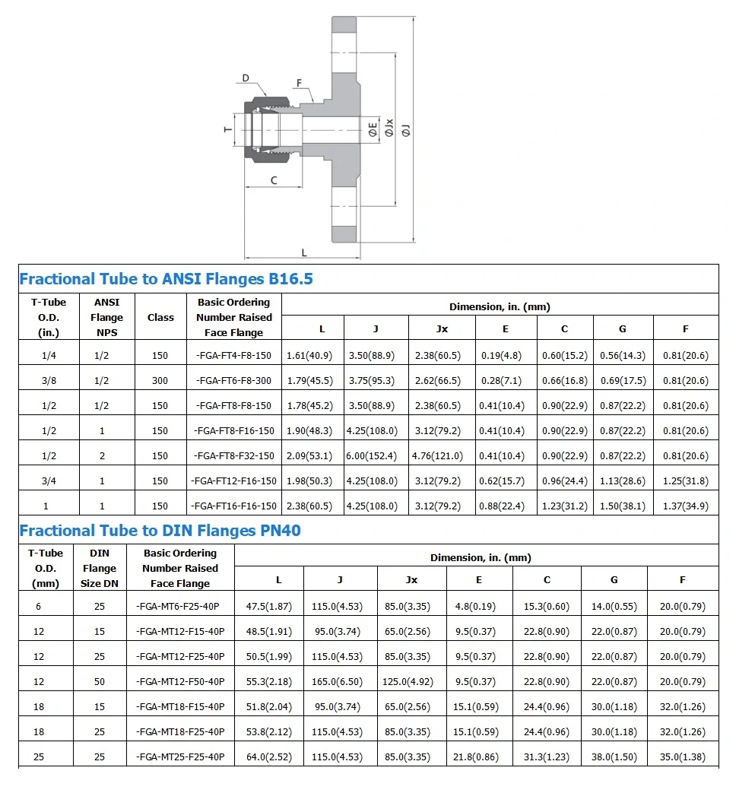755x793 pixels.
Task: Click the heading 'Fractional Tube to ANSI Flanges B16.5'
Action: click(x=166, y=279)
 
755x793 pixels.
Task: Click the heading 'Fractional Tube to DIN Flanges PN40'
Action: click(x=160, y=531)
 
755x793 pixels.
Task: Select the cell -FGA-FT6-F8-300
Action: click(x=233, y=381)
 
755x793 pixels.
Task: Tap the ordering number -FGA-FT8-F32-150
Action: click(x=233, y=456)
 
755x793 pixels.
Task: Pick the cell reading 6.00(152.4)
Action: click(x=372, y=456)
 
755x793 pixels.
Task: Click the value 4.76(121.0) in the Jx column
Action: click(x=437, y=456)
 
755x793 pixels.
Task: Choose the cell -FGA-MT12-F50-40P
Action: click(x=180, y=682)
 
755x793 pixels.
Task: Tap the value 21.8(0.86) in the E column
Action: click(x=478, y=757)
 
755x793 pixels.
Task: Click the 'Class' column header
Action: click(x=160, y=318)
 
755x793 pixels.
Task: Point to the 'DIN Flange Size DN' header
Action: click(x=100, y=569)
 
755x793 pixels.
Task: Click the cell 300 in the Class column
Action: click(x=160, y=381)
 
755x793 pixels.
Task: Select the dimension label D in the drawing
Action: click(x=246, y=78)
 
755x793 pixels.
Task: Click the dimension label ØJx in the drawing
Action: click(x=389, y=127)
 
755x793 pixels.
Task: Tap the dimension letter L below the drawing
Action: click(x=304, y=252)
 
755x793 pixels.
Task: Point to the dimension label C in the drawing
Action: click(x=274, y=180)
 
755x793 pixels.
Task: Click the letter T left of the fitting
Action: click(x=228, y=129)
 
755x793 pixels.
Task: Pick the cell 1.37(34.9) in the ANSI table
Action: click(x=685, y=506)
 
